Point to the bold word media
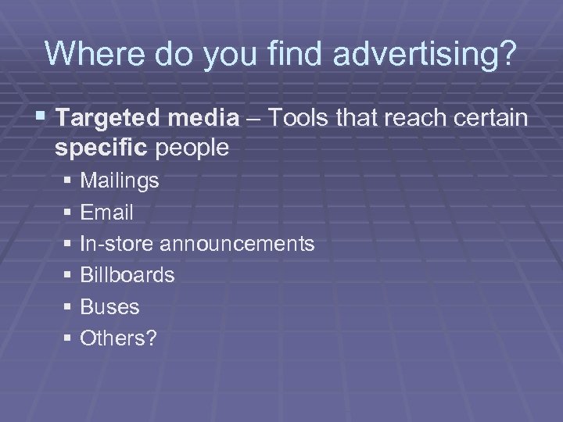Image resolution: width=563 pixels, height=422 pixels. pos(203,118)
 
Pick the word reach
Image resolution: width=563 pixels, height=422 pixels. pos(414,118)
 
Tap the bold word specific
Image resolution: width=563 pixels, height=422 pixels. pos(103,148)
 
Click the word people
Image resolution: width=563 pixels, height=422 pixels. pos(193,148)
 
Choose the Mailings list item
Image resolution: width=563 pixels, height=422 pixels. pos(120,181)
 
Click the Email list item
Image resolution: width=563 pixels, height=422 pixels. pos(106,213)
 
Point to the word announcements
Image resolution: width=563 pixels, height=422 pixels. pos(237,244)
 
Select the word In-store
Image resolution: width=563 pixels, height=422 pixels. pos(117,244)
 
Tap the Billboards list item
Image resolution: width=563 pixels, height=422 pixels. pos(127,275)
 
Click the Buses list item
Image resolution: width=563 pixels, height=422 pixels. pos(109,307)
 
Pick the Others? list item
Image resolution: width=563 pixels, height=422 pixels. pos(118,338)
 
